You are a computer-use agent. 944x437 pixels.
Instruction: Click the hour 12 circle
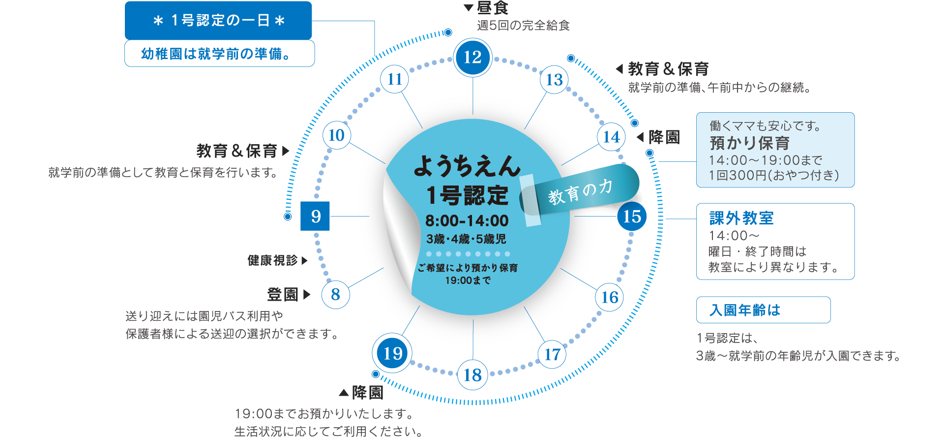pyautogui.click(x=472, y=58)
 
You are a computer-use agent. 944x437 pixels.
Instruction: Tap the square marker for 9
pyautogui.click(x=315, y=216)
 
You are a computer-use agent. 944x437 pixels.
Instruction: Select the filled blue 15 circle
pyautogui.click(x=632, y=216)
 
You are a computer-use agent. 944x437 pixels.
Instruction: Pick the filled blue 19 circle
pyautogui.click(x=392, y=353)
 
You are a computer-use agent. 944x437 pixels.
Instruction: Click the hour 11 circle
pyautogui.click(x=395, y=79)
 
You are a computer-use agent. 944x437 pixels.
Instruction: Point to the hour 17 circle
pyautogui.click(x=552, y=354)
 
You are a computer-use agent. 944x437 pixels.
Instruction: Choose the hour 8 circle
pyautogui.click(x=336, y=294)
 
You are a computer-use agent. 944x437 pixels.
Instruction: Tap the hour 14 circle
pyautogui.click(x=612, y=137)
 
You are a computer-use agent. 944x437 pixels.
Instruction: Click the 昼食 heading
pyautogui.click(x=493, y=8)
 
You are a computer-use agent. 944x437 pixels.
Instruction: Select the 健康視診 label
pyautogui.click(x=273, y=260)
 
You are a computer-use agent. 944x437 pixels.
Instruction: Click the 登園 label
pyautogui.click(x=283, y=295)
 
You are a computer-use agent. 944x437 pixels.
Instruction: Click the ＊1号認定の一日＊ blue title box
pyautogui.click(x=219, y=21)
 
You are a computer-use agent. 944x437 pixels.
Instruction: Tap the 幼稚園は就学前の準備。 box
pyautogui.click(x=219, y=54)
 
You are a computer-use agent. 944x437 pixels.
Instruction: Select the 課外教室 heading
pyautogui.click(x=741, y=218)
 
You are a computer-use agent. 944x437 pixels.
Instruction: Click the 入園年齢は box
pyautogui.click(x=763, y=310)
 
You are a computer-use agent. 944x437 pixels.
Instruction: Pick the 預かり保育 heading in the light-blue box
pyautogui.click(x=749, y=143)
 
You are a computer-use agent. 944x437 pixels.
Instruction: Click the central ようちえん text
pyautogui.click(x=467, y=166)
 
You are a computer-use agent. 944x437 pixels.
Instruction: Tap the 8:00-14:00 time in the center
pyautogui.click(x=467, y=220)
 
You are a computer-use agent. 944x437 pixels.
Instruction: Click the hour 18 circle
pyautogui.click(x=472, y=375)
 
